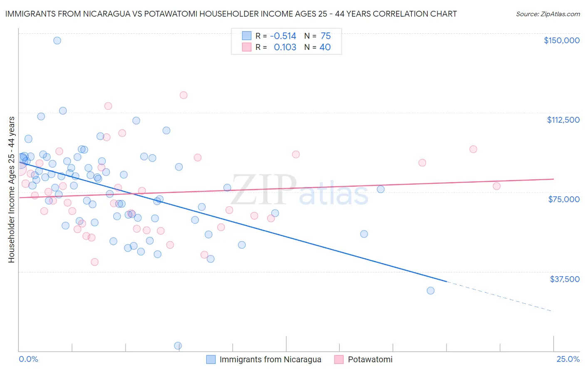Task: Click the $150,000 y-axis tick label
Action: click(x=561, y=40)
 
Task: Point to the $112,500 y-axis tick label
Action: click(x=563, y=120)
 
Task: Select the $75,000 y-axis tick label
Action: click(x=563, y=199)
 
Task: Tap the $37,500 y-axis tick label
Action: click(x=564, y=279)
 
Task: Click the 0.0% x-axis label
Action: click(x=28, y=359)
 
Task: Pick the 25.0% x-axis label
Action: click(x=568, y=359)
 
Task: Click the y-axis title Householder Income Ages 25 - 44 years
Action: click(x=11, y=190)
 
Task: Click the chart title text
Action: click(x=231, y=14)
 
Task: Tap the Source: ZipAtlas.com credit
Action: click(x=548, y=14)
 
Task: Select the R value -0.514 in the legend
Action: click(x=283, y=36)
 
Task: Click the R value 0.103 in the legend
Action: click(x=285, y=47)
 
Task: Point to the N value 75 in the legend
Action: click(x=325, y=36)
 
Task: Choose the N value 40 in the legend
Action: click(x=325, y=47)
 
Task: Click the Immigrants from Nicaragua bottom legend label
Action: click(x=270, y=359)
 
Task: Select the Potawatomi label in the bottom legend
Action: click(x=370, y=359)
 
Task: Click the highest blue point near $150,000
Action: click(x=57, y=40)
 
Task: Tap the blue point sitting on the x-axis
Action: click(x=178, y=346)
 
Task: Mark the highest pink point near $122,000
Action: click(x=183, y=95)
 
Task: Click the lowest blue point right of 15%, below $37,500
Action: click(x=431, y=291)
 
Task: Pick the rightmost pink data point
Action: click(x=496, y=186)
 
